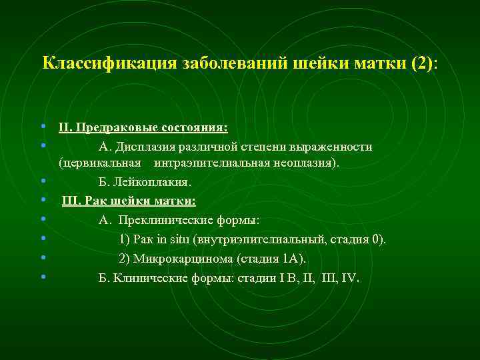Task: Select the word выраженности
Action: tap(333, 147)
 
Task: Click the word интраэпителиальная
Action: tap(215, 163)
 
